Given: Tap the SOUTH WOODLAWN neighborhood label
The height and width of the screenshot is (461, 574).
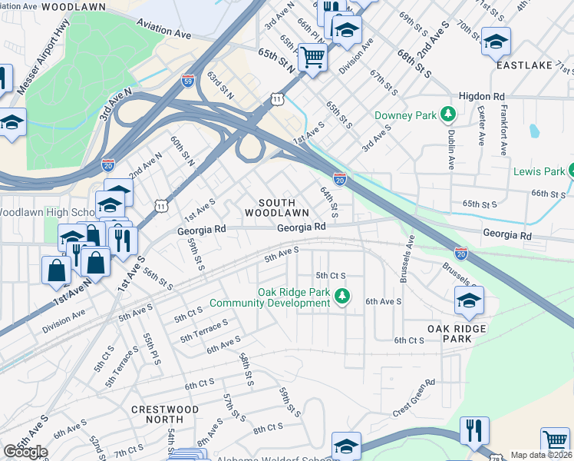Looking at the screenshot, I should pos(278,206).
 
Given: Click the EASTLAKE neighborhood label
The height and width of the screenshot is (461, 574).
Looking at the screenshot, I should pos(524,65).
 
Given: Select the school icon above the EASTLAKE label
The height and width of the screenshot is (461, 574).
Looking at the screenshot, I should pos(496,40).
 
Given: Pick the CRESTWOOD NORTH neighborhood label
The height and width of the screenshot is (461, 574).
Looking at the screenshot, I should pos(164,414).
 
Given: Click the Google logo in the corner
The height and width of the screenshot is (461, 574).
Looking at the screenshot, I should pos(25,452).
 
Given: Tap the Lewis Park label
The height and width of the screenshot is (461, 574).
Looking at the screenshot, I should pos(539,171).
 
